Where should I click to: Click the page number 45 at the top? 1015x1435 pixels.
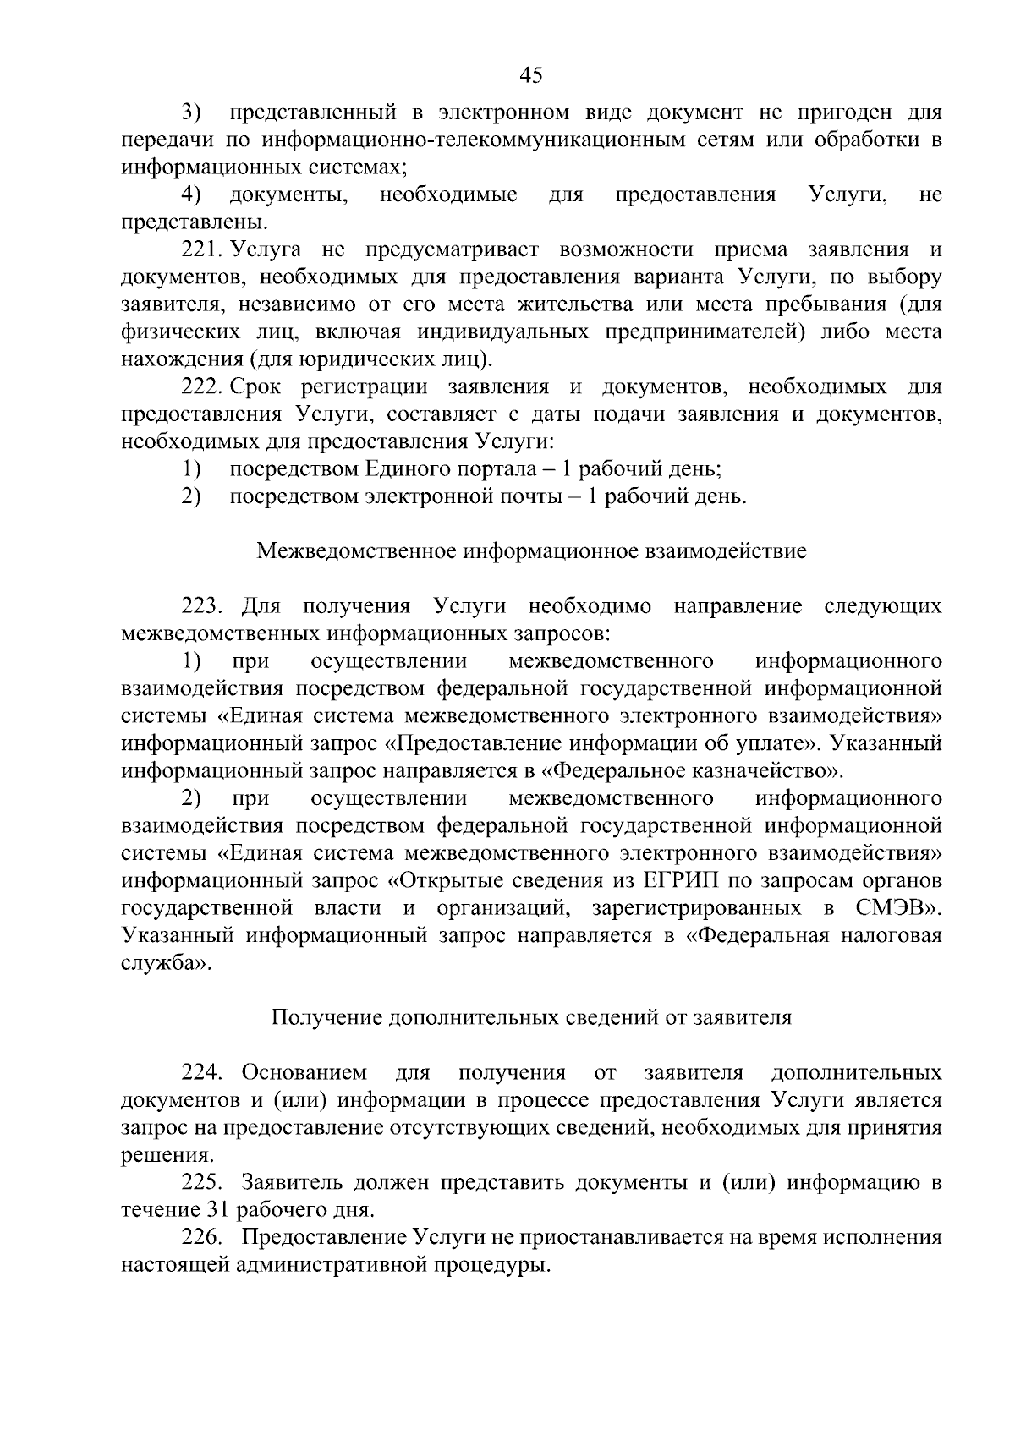point(530,75)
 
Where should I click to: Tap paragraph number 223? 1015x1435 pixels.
point(200,606)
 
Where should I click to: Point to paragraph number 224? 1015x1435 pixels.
point(200,1073)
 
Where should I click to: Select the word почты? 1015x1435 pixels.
point(533,496)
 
